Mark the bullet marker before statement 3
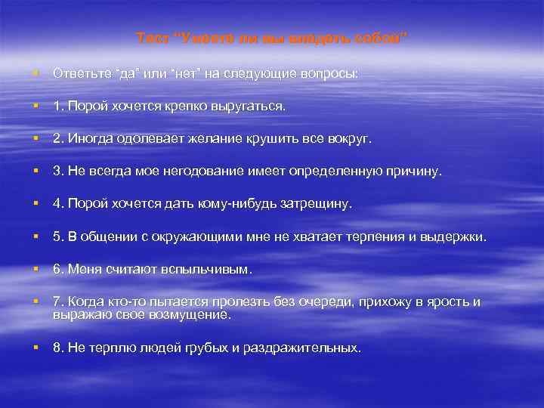point(36,172)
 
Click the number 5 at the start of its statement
point(57,238)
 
